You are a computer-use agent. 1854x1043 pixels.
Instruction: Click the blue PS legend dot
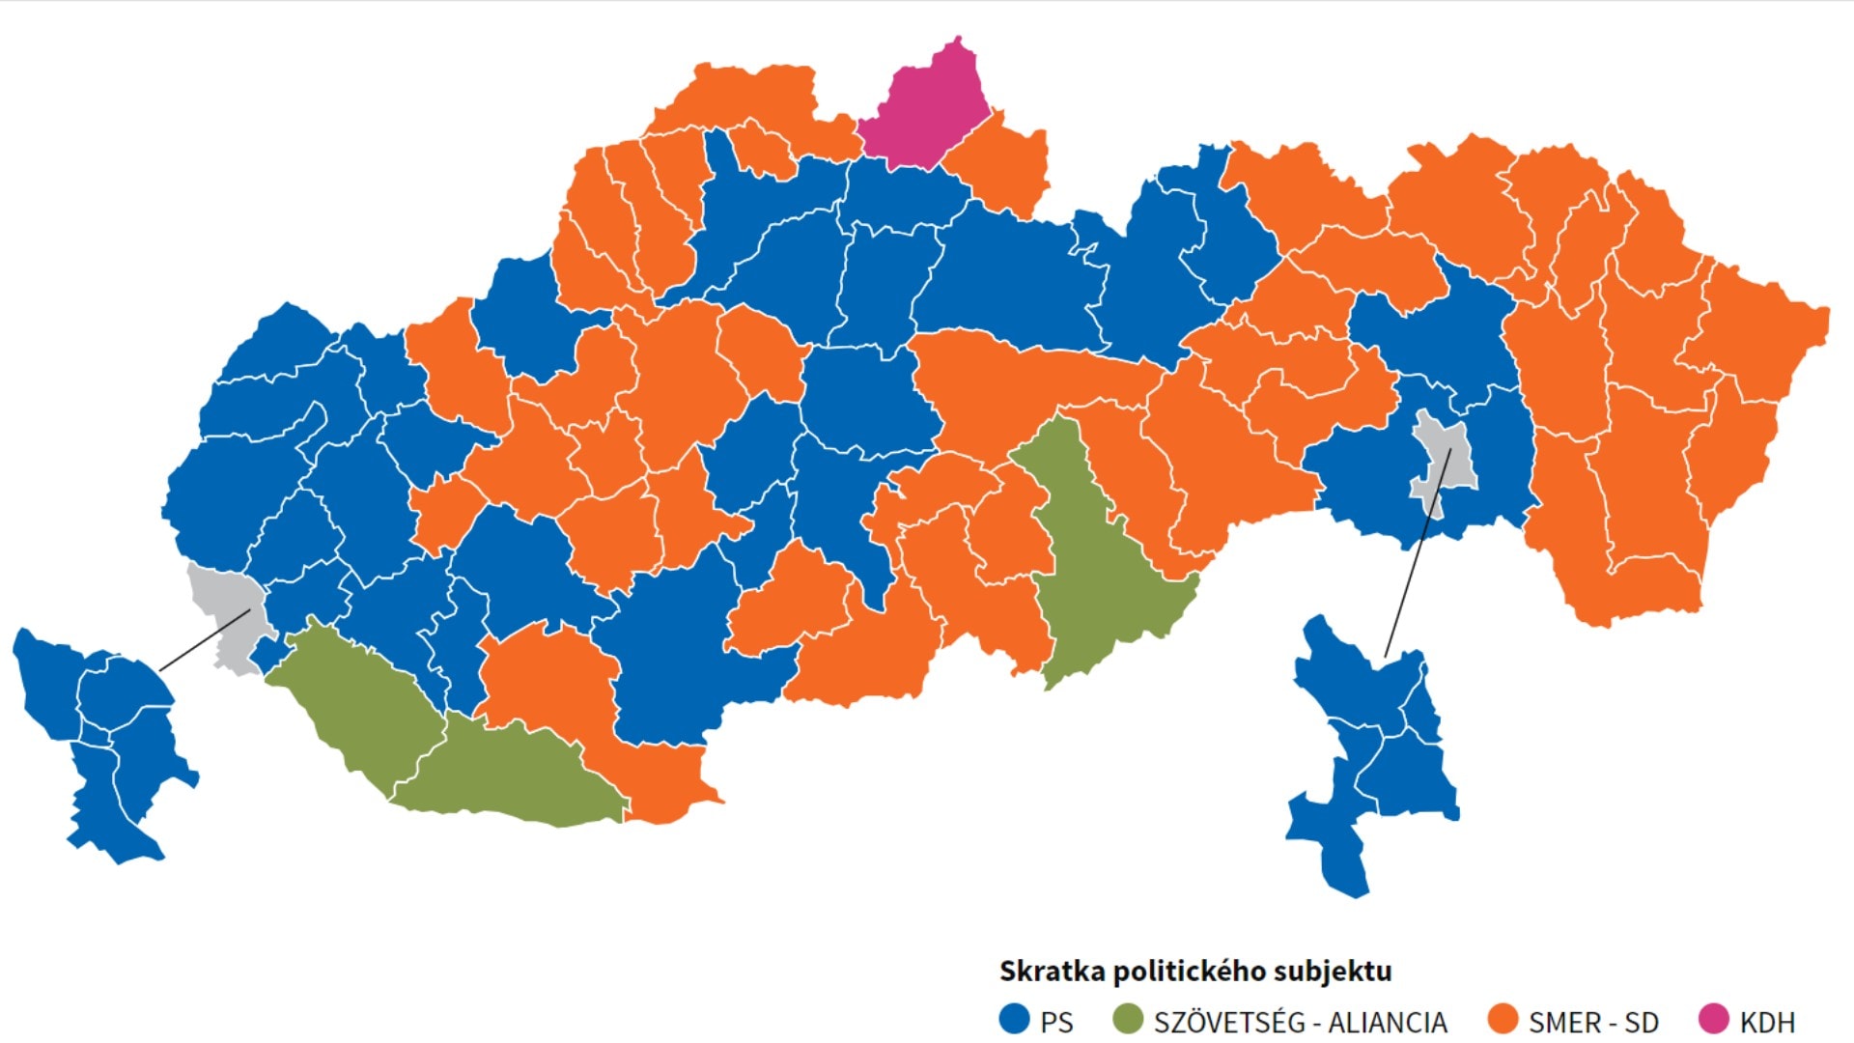[x=1014, y=1019]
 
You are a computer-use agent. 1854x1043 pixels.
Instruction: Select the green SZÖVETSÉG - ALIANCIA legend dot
[x=1128, y=1019]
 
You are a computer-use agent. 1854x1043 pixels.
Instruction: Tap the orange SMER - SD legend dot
[x=1503, y=1019]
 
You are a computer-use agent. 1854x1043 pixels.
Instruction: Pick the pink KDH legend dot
[x=1713, y=1019]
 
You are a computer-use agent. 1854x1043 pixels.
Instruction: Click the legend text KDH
[x=1767, y=1022]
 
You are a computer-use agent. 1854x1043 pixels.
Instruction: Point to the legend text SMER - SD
[x=1593, y=1022]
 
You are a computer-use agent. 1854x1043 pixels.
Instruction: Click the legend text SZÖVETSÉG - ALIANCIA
[x=1300, y=1022]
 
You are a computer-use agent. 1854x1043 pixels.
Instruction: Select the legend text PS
[x=1056, y=1022]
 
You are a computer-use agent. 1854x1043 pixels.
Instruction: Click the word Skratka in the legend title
[x=1053, y=971]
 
